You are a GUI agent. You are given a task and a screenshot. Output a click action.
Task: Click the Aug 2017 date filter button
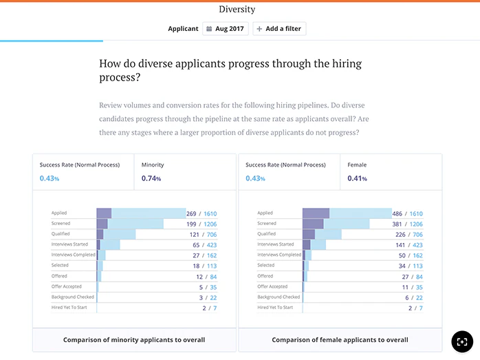point(226,29)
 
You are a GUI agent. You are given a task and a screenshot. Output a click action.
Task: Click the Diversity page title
point(237,10)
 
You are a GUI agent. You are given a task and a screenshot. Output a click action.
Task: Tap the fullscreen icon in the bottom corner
point(462,341)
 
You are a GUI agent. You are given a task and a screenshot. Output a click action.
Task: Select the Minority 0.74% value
point(151,179)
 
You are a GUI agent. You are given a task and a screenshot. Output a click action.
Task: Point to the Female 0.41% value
point(356,179)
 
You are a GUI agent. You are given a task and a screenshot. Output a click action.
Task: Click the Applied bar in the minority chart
point(141,213)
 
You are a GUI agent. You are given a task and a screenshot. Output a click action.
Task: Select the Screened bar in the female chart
point(337,224)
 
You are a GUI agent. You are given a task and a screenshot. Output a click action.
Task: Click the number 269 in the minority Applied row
point(192,213)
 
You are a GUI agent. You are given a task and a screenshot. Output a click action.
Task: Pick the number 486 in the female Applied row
point(398,213)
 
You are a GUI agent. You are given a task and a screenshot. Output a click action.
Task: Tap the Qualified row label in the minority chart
point(62,234)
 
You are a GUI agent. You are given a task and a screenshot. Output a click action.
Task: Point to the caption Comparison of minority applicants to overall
point(134,339)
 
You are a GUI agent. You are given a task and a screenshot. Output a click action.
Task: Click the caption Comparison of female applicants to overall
point(340,339)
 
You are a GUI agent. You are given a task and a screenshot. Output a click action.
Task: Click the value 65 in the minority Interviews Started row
point(196,244)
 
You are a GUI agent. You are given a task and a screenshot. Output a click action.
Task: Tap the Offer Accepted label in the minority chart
point(67,286)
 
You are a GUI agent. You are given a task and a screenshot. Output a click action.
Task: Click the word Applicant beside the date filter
point(183,29)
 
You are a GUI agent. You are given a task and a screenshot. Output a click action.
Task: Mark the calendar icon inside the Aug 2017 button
point(209,29)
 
